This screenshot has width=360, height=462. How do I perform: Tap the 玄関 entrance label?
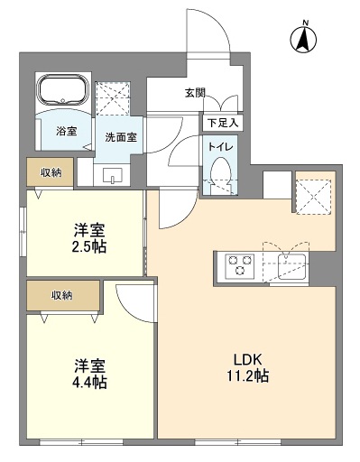coord(196,92)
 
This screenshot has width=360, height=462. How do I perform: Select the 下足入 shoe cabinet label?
coord(221,122)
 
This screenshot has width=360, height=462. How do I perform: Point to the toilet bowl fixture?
coord(219,172)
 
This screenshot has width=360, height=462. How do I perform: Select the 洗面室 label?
coord(121,138)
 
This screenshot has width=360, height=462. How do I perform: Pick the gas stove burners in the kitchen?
coord(240,265)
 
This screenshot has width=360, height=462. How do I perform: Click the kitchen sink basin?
coord(292,266)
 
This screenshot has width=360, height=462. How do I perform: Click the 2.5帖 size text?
coord(90,245)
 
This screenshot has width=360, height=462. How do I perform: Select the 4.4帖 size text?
coord(90,383)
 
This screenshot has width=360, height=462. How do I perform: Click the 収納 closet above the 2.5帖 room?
coord(50,171)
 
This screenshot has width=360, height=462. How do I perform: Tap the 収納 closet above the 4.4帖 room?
coord(61,295)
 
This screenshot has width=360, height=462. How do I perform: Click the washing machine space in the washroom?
coord(115,97)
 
